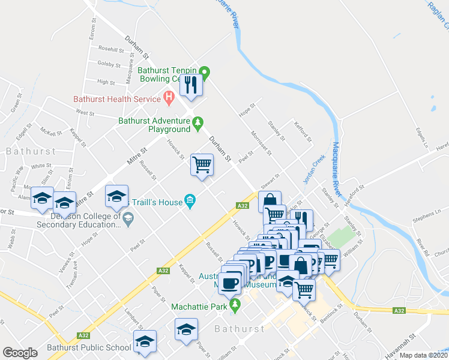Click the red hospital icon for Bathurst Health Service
169,97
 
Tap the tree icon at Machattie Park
235,306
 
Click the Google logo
20,352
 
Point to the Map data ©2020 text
423,355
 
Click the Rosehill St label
110,49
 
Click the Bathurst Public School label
89,347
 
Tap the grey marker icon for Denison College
127,221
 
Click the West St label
85,112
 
